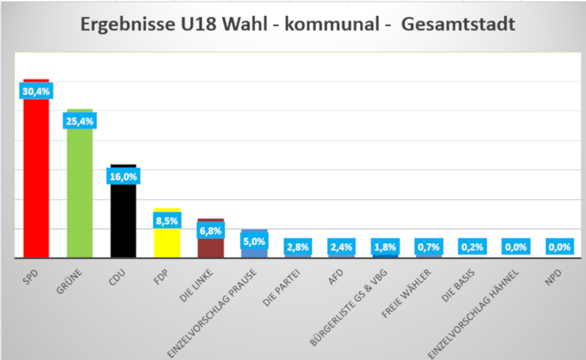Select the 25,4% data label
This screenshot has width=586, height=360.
pos(80,121)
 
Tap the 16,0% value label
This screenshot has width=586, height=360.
pos(123,176)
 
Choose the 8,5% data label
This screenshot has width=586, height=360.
pos(167,221)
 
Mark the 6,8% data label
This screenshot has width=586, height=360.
pos(211,231)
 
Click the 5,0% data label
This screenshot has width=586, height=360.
pos(254,240)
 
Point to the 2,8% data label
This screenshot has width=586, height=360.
pos(298,247)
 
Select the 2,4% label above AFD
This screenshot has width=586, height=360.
pos(342,247)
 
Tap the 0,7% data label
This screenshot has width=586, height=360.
pos(429,247)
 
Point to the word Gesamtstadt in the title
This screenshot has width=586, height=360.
pos(458,24)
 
